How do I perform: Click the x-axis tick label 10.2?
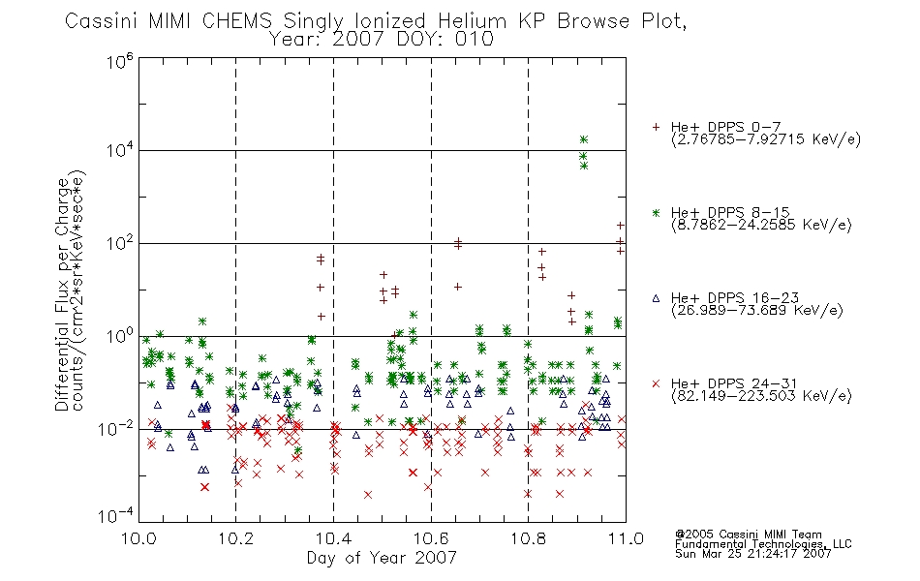pyautogui.click(x=236, y=538)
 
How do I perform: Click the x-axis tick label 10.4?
pyautogui.click(x=334, y=538)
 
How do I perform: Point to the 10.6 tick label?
pyautogui.click(x=431, y=538)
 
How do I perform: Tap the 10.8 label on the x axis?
pyautogui.click(x=528, y=538)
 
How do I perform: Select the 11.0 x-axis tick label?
pyautogui.click(x=626, y=538)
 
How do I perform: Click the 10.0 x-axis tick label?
pyautogui.click(x=138, y=538)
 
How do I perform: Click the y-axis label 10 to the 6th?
pyautogui.click(x=120, y=62)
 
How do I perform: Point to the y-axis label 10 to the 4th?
pyautogui.click(x=120, y=151)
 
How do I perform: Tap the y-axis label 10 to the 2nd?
pyautogui.click(x=120, y=243)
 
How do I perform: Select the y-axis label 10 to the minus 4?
pyautogui.click(x=116, y=516)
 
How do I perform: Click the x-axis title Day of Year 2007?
pyautogui.click(x=382, y=558)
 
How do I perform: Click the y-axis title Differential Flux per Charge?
pyautogui.click(x=63, y=294)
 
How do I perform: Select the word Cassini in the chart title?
pyautogui.click(x=101, y=21)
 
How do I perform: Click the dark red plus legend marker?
pyautogui.click(x=656, y=127)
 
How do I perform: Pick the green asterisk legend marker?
pyautogui.click(x=656, y=212)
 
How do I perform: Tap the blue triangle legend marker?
pyautogui.click(x=656, y=298)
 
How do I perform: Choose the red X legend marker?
pyautogui.click(x=656, y=383)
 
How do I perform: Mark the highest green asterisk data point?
pyautogui.click(x=583, y=139)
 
